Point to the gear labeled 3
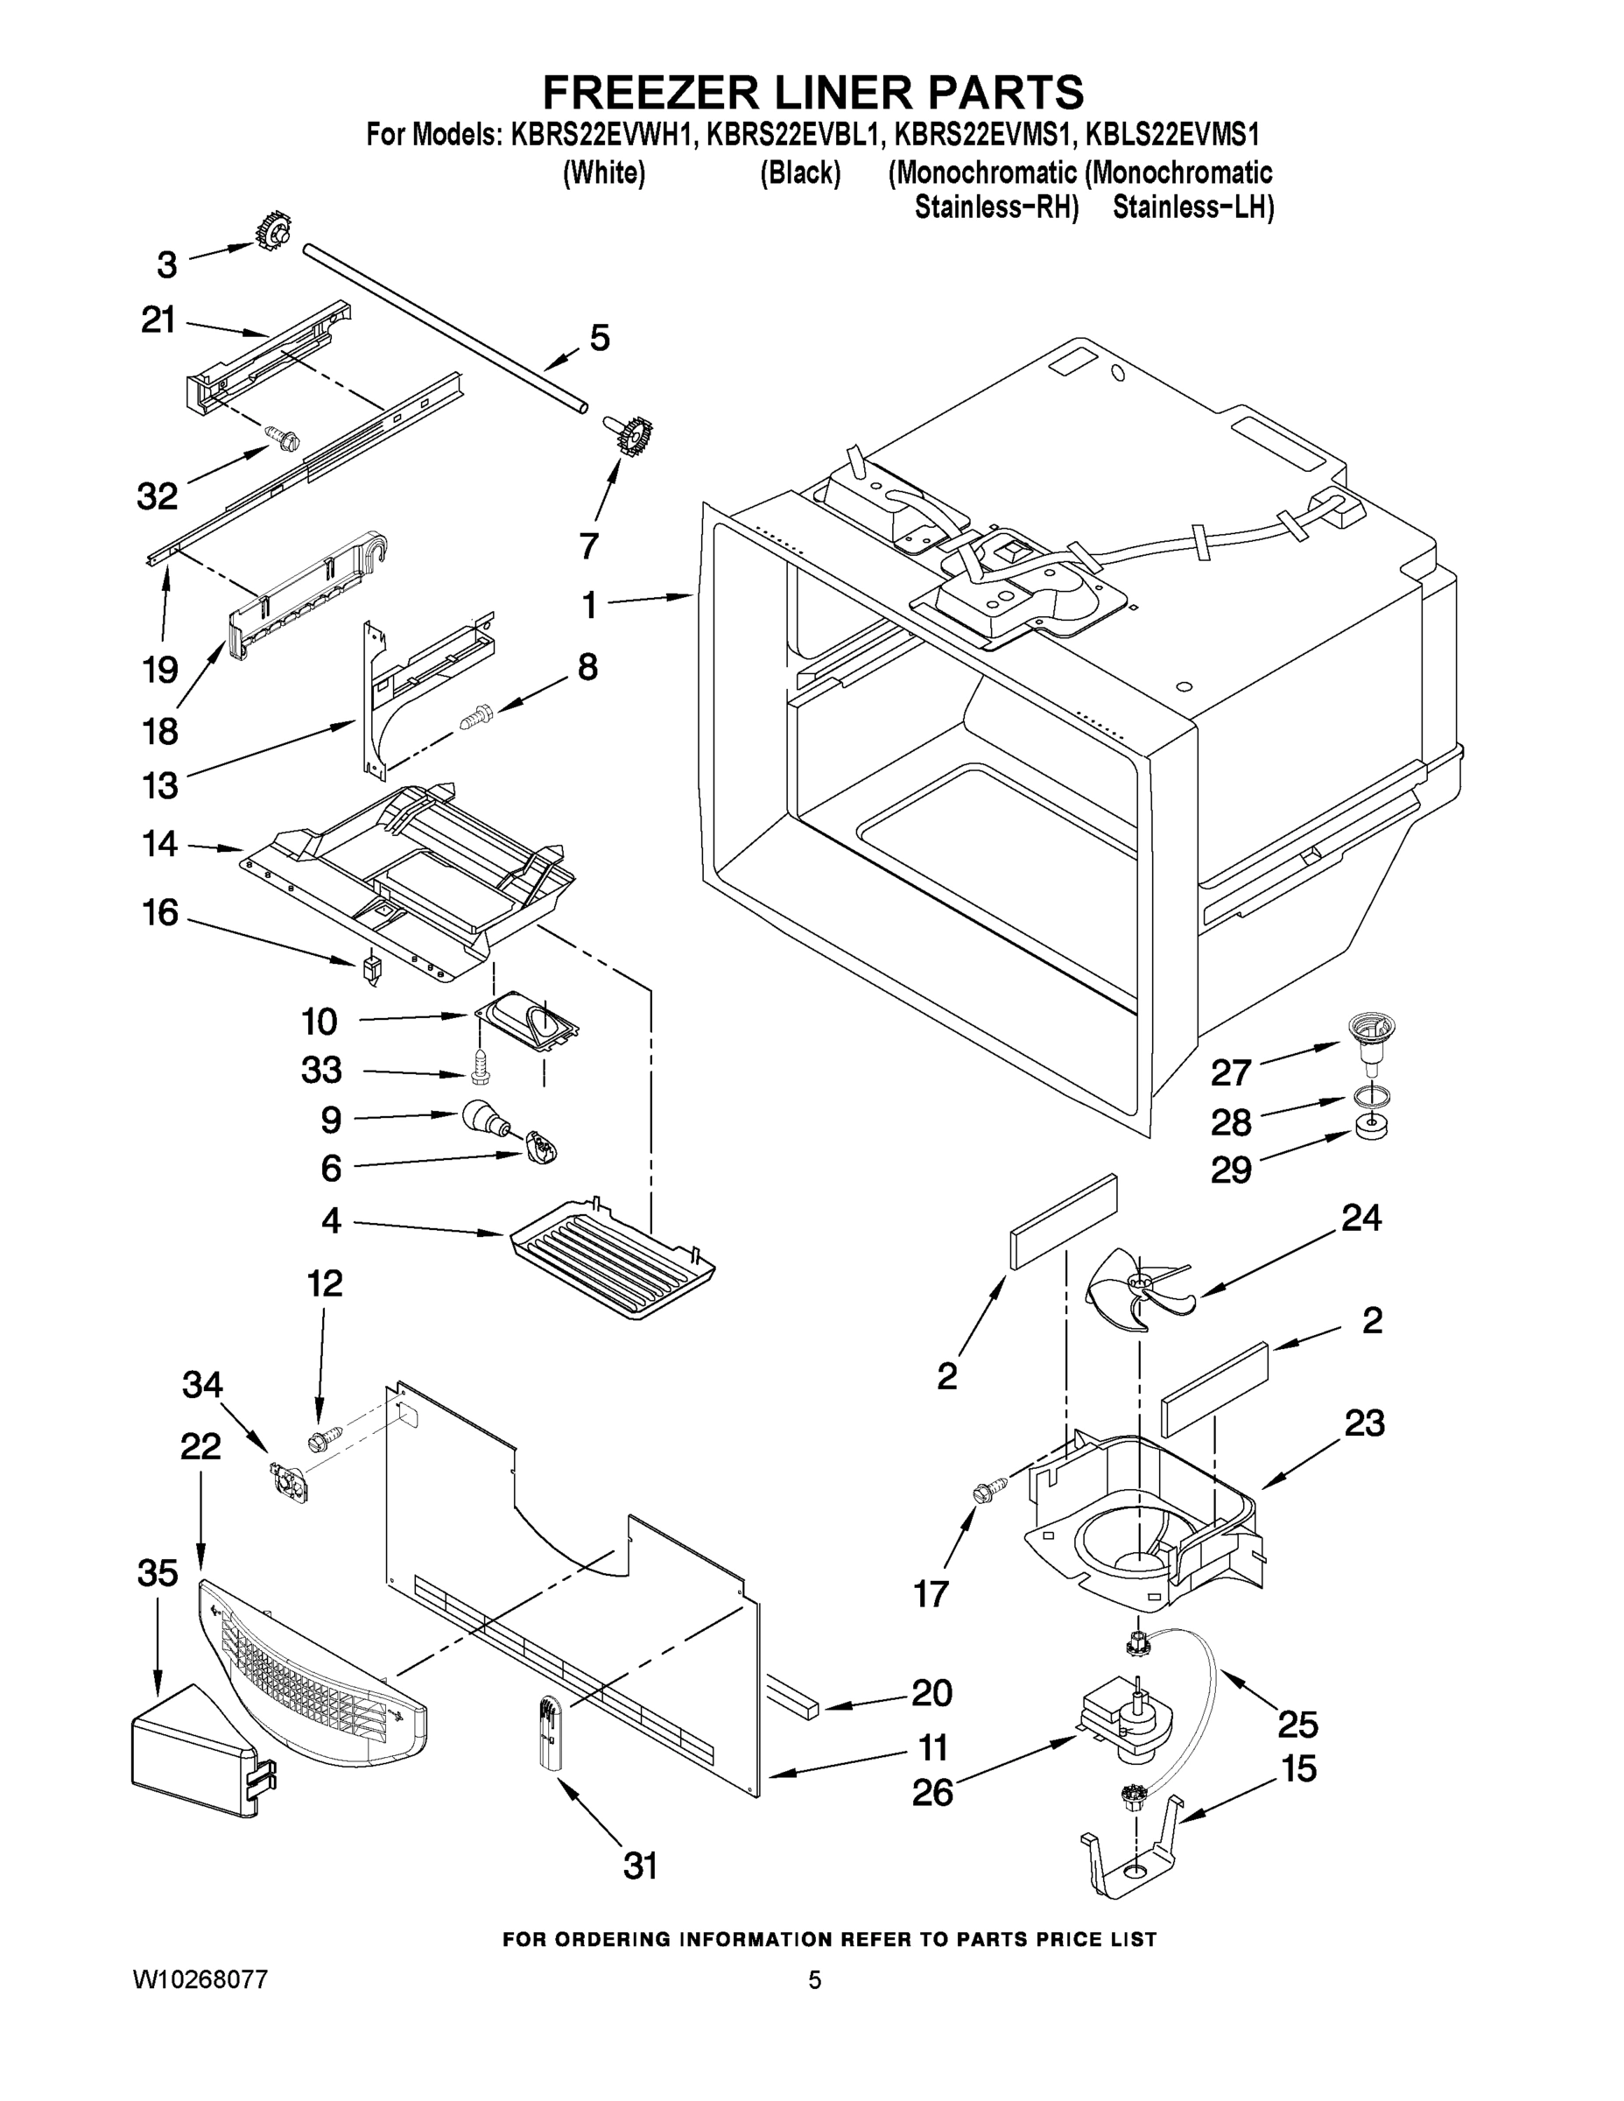coord(273,232)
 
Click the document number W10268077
coord(200,1999)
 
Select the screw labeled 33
coord(481,1064)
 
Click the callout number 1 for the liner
coord(587,605)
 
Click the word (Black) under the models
coord(800,174)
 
